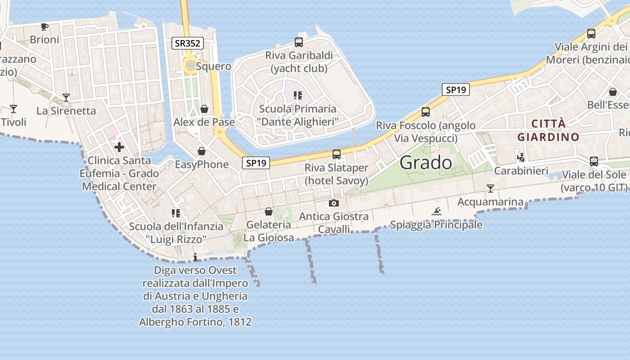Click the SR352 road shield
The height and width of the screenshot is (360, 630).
pyautogui.click(x=188, y=43)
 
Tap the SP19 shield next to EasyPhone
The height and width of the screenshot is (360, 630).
pyautogui.click(x=256, y=163)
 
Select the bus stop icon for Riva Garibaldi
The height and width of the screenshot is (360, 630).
pyautogui.click(x=298, y=42)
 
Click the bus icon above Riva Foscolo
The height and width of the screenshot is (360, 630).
pyautogui.click(x=425, y=112)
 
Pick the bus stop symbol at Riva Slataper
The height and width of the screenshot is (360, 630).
pyautogui.click(x=336, y=154)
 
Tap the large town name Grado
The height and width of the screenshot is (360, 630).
pyautogui.click(x=426, y=162)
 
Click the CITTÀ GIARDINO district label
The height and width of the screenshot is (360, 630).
pyautogui.click(x=548, y=130)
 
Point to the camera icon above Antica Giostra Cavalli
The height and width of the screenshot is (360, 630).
pyautogui.click(x=333, y=203)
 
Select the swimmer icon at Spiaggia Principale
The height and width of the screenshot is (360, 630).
pyautogui.click(x=436, y=211)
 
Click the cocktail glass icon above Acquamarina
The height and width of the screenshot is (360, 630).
pyautogui.click(x=490, y=189)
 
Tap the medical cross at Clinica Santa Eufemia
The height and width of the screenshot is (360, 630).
pyautogui.click(x=119, y=147)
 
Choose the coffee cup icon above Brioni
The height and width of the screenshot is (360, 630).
pyautogui.click(x=44, y=27)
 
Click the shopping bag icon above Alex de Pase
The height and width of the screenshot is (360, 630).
pyautogui.click(x=204, y=109)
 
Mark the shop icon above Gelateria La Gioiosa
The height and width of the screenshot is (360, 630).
pyautogui.click(x=269, y=211)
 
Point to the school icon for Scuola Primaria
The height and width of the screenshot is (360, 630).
pyautogui.click(x=297, y=95)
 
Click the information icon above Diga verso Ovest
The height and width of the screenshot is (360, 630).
pyautogui.click(x=195, y=257)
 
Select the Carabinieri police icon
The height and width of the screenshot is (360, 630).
pyautogui.click(x=521, y=157)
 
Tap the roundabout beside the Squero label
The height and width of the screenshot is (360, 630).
pyautogui.click(x=190, y=66)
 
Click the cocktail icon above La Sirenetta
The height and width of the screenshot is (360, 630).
pyautogui.click(x=66, y=97)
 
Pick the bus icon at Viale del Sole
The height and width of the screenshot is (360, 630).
pyautogui.click(x=594, y=161)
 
